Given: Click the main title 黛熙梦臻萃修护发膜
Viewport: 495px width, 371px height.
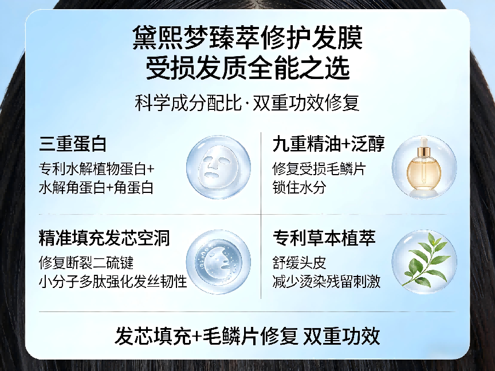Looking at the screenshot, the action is click(x=247, y=38).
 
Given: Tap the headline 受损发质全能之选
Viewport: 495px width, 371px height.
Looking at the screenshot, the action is click(x=247, y=68).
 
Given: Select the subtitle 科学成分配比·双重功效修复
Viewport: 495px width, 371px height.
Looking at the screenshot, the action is click(x=247, y=102).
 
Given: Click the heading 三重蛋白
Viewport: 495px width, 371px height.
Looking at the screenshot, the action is click(x=73, y=144).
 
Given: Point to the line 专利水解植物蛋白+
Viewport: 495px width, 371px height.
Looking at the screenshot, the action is click(x=97, y=169).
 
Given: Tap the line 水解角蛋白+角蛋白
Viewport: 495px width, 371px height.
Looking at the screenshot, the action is click(x=96, y=187).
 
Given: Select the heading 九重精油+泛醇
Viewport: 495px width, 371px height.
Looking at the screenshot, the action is click(x=329, y=144).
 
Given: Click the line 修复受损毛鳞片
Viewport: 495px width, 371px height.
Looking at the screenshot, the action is click(x=319, y=169).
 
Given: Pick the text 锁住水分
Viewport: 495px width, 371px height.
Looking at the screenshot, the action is click(x=299, y=187).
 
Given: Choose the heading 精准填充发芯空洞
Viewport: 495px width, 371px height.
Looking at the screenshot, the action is click(x=104, y=238).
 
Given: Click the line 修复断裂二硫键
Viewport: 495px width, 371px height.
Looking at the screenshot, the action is click(x=87, y=263).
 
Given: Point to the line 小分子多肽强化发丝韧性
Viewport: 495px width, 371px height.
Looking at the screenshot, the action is click(x=113, y=281).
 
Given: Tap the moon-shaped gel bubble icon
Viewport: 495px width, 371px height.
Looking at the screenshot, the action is click(x=218, y=262).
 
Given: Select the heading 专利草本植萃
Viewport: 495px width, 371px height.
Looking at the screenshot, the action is click(x=324, y=238).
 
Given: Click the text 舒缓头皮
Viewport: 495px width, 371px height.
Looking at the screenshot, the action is click(x=299, y=263).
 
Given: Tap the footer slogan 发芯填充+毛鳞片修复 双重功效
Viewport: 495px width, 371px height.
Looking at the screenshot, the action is click(x=247, y=336).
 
